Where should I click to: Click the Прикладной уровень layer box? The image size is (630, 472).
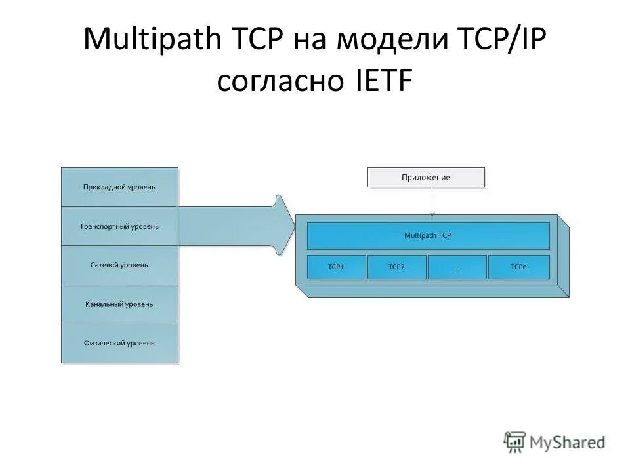coord(119,187)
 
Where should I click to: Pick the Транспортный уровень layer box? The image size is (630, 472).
coord(119,226)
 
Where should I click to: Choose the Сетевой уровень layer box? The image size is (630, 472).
coord(119,265)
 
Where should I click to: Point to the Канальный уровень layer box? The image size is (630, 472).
coord(119,304)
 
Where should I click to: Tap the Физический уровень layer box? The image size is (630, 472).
coord(119,343)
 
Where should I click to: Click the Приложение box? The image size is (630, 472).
coord(426,178)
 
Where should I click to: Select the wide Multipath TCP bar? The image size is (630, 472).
coord(428,235)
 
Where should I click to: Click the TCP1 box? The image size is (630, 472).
coord(336,267)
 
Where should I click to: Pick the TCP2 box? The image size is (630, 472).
coord(396,267)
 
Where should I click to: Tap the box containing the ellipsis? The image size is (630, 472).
coord(457,267)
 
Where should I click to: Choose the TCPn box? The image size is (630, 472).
coord(518,267)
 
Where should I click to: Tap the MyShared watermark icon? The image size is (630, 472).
coord(514,441)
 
